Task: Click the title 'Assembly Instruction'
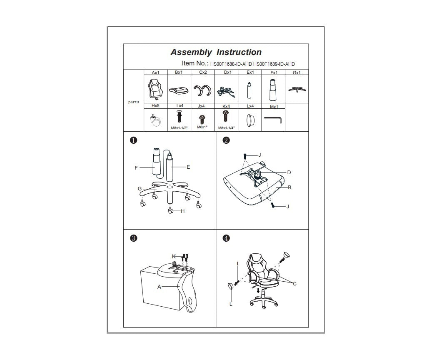pos(216,52)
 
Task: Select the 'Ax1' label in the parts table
pos(155,73)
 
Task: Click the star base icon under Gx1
pos(297,89)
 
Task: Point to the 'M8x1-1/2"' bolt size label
pos(179,128)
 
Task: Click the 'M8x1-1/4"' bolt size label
pos(226,128)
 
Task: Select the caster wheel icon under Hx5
pos(155,121)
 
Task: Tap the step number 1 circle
pos(133,140)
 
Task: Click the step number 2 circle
pos(226,140)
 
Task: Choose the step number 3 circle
pos(133,238)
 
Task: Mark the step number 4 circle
pos(226,238)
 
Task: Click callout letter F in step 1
pos(136,168)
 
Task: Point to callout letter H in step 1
pos(182,211)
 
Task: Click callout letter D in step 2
pos(289,172)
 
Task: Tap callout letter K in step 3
pos(174,256)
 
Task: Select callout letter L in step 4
pos(231,304)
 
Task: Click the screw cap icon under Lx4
pos(250,121)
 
